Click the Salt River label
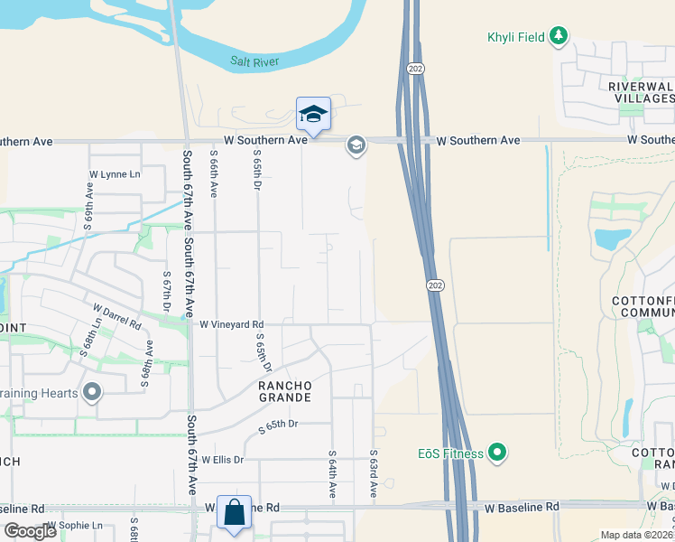[254, 61]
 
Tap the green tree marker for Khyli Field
[560, 36]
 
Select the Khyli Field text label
[516, 37]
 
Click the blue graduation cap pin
[313, 114]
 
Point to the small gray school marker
[356, 145]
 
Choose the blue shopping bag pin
[235, 511]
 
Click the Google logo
[30, 531]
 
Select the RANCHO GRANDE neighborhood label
[285, 391]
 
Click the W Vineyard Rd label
[231, 323]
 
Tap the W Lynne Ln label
[115, 174]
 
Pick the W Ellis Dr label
[222, 459]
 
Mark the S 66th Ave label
[214, 173]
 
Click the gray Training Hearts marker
[91, 393]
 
